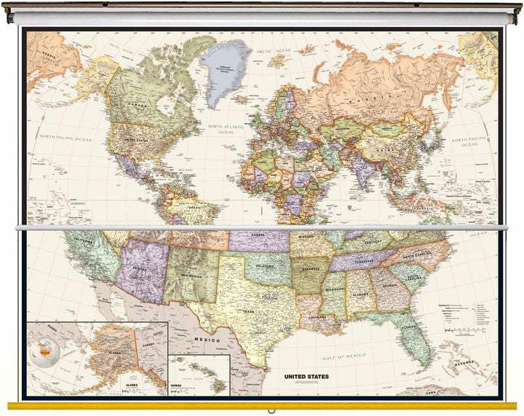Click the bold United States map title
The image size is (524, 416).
pos(306,377)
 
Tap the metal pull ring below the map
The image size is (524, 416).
pos(271,410)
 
